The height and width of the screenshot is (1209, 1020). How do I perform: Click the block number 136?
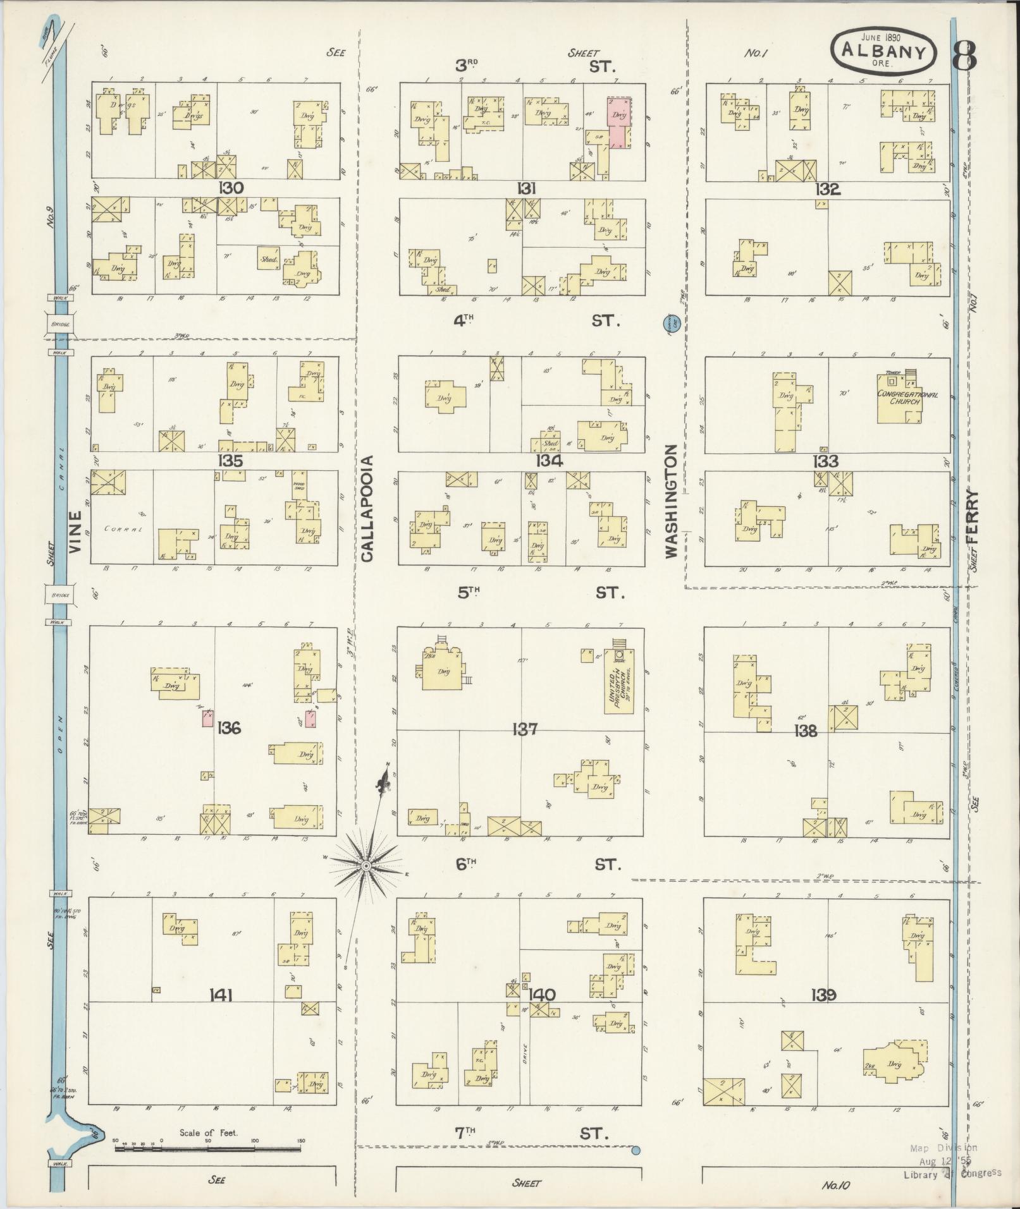pyautogui.click(x=228, y=728)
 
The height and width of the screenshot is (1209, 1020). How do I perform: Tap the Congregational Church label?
pyautogui.click(x=907, y=398)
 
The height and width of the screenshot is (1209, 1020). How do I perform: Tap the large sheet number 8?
pyautogui.click(x=964, y=56)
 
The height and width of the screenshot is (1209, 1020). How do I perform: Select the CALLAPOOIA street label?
pyautogui.click(x=368, y=509)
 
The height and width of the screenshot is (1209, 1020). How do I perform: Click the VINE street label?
pyautogui.click(x=77, y=533)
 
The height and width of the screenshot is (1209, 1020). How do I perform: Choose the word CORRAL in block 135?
pyautogui.click(x=121, y=527)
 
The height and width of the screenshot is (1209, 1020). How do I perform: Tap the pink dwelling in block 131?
pyautogui.click(x=618, y=121)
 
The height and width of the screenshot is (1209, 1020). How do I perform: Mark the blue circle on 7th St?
pyautogui.click(x=636, y=1150)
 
